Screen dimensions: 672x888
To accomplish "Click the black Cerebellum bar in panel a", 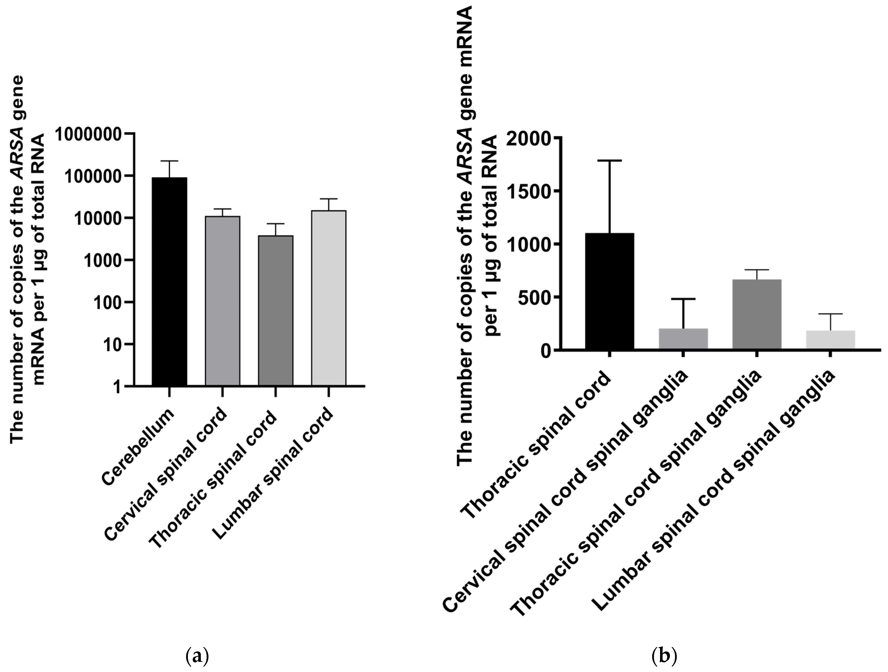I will point(169,281).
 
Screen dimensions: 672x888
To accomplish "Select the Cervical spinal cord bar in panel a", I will point(222,301).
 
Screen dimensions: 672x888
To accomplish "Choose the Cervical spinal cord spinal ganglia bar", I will point(683,339).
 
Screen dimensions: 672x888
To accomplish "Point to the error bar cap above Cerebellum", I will point(169,161).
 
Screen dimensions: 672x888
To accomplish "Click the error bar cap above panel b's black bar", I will point(609,160).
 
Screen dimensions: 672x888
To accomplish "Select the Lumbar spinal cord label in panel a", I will point(273,474).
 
